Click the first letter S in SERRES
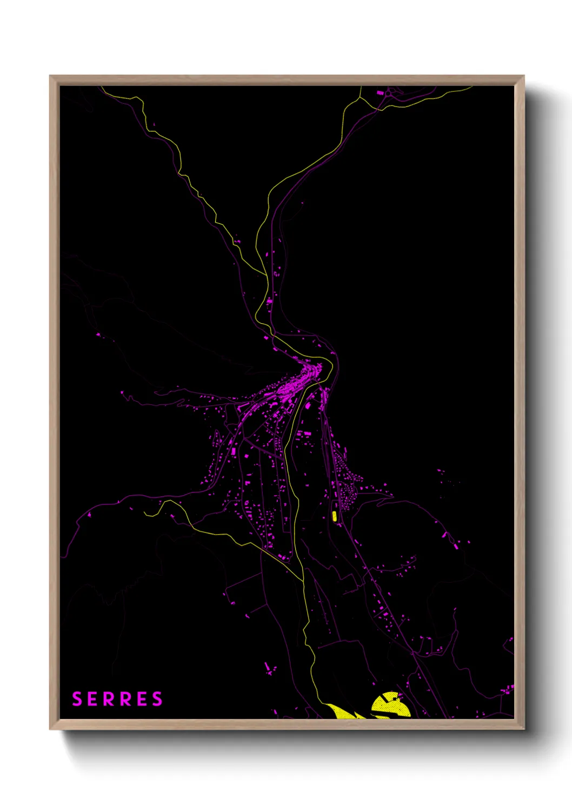[x=77, y=699]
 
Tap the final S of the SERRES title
[x=157, y=699]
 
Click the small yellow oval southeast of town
[x=334, y=516]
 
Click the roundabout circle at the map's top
[x=390, y=94]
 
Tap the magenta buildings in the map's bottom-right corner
[x=508, y=689]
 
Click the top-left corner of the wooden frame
[x=51, y=77]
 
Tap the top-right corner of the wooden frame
[x=523, y=77]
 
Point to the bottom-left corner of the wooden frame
[x=51, y=728]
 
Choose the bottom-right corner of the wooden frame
[x=523, y=728]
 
